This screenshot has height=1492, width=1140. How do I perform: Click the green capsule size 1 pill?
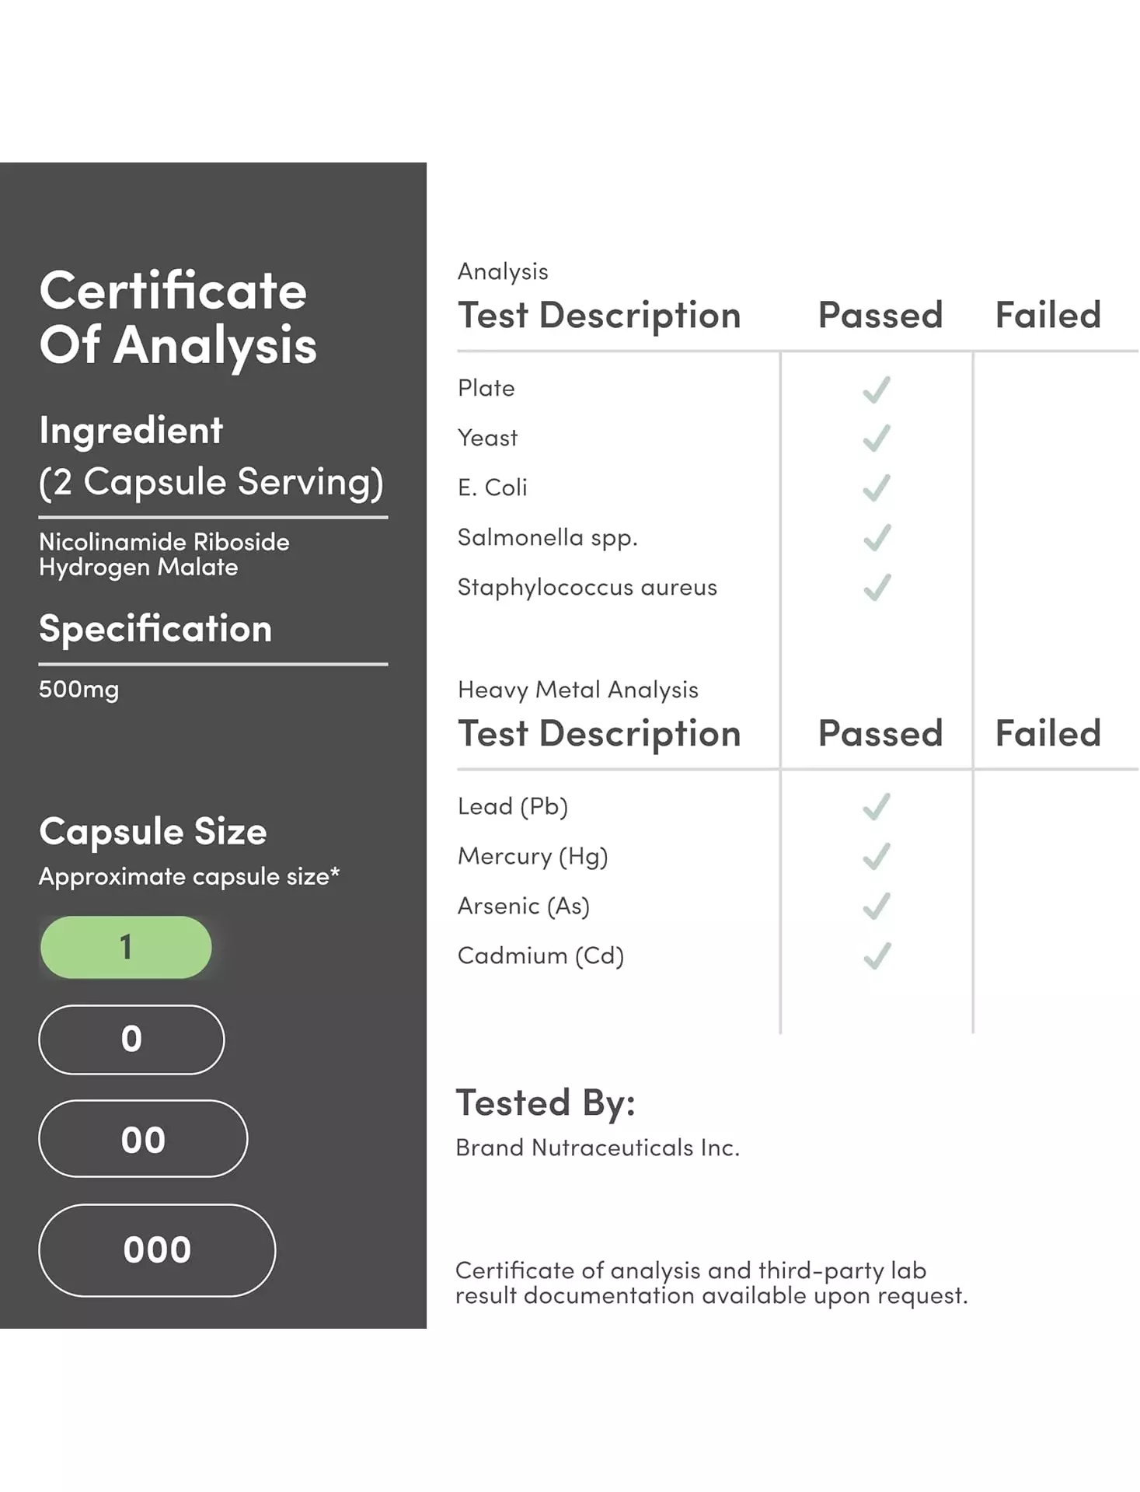click(126, 947)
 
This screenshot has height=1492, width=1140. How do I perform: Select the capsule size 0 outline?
click(131, 1040)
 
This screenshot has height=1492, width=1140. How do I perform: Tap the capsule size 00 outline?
click(143, 1139)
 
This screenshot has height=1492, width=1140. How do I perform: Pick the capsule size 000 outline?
click(157, 1250)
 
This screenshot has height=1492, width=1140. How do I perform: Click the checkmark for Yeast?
click(877, 439)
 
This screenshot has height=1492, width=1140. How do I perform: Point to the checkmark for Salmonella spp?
click(877, 538)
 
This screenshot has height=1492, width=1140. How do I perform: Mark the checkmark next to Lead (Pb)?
click(877, 807)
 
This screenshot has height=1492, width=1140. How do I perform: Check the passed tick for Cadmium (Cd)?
click(877, 956)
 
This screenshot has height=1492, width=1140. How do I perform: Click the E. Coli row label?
click(493, 487)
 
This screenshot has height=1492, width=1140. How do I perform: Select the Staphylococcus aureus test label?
click(587, 587)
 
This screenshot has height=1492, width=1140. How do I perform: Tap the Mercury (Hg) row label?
click(532, 856)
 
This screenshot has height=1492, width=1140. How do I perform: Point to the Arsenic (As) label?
click(523, 906)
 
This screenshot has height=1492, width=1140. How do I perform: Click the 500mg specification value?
click(78, 690)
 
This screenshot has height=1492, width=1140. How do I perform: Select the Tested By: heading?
click(545, 1102)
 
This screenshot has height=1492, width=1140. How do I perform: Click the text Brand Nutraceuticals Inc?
click(597, 1148)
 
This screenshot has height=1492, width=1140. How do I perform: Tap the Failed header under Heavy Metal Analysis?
click(1048, 733)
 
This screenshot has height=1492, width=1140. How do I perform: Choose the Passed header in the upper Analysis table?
click(880, 315)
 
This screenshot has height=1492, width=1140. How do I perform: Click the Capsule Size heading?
click(153, 831)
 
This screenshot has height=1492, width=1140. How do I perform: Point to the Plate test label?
click(486, 388)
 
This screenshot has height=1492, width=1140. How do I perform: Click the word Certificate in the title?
click(173, 291)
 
